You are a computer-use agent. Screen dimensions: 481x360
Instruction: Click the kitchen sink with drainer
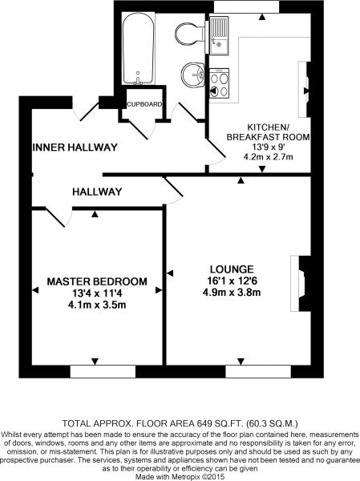220,35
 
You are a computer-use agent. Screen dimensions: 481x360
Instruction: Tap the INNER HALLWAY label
75,148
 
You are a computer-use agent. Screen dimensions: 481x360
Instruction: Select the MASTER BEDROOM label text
97,281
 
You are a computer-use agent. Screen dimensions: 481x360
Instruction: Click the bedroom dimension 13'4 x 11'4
97,293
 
